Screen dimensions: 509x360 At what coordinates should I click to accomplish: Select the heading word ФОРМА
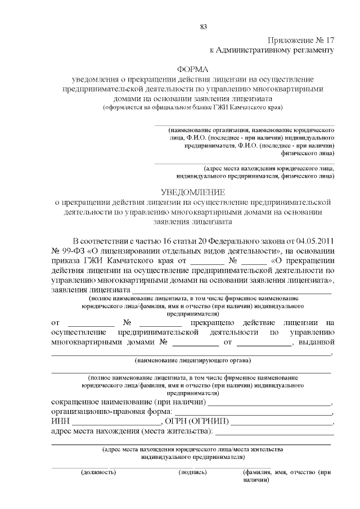click(x=192, y=69)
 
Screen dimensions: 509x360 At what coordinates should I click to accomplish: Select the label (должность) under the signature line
click(x=98, y=472)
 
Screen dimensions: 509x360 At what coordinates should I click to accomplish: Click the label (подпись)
click(x=192, y=472)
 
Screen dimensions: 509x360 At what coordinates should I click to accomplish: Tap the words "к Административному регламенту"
click(x=272, y=51)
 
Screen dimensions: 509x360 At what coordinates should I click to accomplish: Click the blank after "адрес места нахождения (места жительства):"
click(x=274, y=433)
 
